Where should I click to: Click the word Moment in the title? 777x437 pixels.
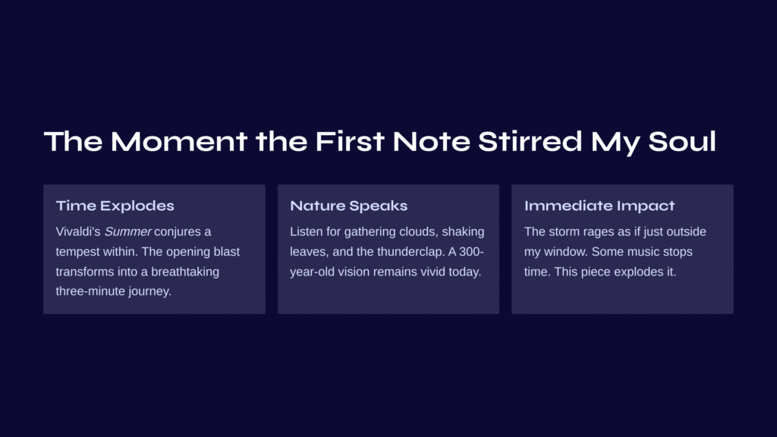179,141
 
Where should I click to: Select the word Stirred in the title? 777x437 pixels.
530,141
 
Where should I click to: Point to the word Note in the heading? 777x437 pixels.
431,141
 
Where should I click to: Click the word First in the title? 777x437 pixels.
350,141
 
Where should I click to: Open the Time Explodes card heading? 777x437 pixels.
115,206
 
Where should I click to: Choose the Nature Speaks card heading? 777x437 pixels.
349,206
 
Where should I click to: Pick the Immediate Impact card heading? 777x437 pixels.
599,206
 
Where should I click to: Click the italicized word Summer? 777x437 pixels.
127,231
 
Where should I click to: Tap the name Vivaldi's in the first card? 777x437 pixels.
78,231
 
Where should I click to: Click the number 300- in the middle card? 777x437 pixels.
471,252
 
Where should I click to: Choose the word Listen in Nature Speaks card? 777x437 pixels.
305,231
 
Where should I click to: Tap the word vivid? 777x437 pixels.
432,272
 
